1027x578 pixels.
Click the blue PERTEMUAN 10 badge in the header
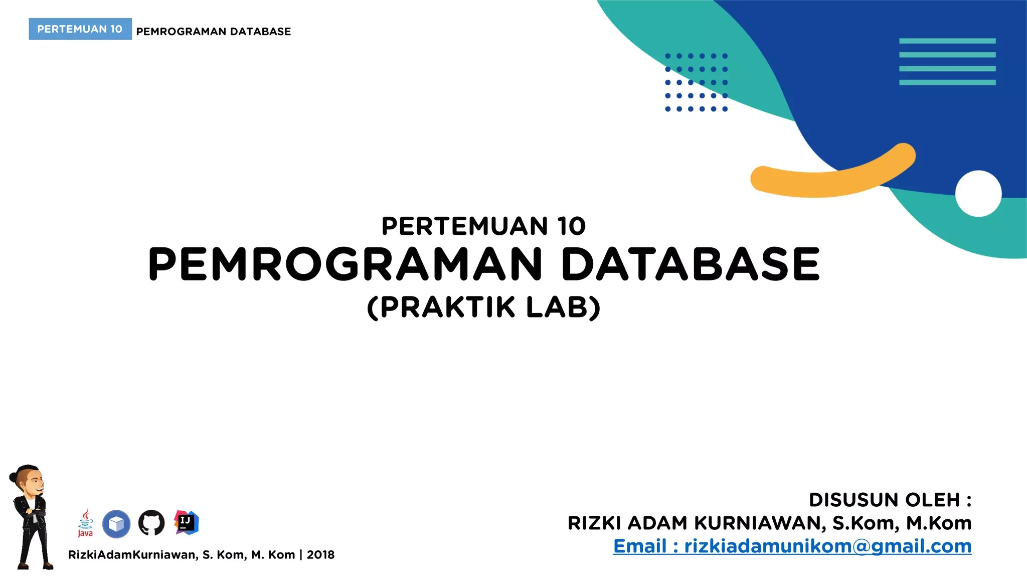80,29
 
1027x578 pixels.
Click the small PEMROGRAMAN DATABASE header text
214,32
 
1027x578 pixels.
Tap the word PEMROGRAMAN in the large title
346,264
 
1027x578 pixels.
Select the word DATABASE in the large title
691,264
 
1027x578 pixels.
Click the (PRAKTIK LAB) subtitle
484,308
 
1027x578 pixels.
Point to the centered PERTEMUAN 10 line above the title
484,226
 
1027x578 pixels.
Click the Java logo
85,523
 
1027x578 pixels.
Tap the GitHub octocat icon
151,523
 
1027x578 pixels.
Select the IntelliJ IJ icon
186,523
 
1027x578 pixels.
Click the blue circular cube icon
116,524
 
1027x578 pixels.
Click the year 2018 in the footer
320,554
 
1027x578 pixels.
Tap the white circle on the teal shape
978,194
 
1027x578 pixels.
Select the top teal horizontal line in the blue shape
947,41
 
